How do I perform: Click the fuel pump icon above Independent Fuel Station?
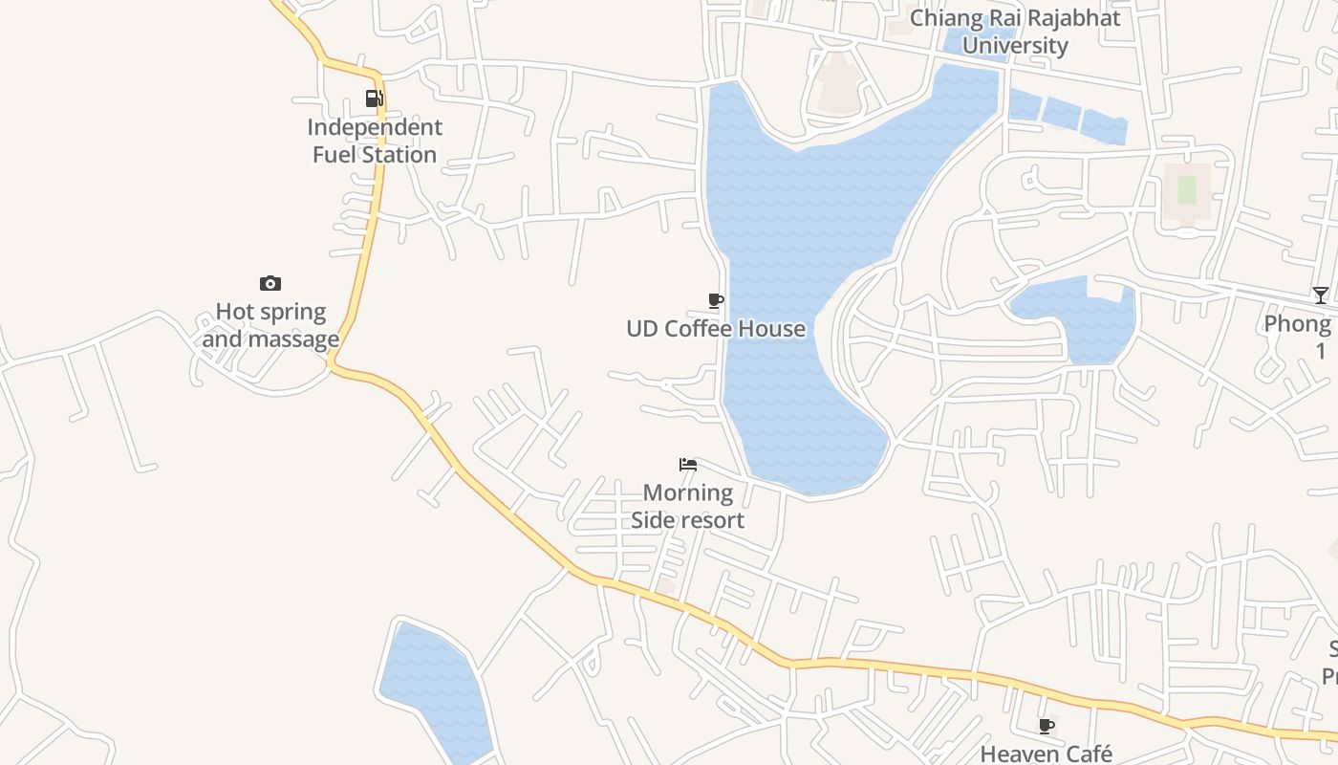[x=374, y=98]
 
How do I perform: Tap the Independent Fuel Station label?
[x=375, y=141]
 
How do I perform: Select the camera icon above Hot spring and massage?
[x=270, y=283]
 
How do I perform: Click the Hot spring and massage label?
[x=270, y=325]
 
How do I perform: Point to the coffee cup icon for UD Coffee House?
[x=715, y=301]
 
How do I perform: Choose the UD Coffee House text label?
[x=716, y=329]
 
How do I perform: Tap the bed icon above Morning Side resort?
[x=688, y=466]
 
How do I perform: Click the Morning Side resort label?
[x=687, y=507]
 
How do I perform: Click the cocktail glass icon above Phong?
[x=1320, y=295]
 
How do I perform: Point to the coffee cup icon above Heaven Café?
[x=1047, y=727]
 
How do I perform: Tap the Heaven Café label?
[x=1047, y=754]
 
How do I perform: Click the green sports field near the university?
[x=1186, y=189]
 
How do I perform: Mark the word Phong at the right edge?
[x=1297, y=323]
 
